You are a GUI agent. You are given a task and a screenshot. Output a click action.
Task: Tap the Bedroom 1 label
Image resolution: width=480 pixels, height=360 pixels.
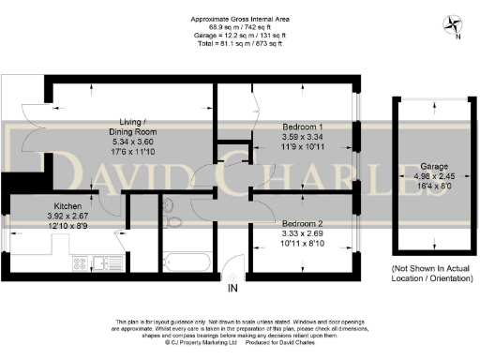[302, 127]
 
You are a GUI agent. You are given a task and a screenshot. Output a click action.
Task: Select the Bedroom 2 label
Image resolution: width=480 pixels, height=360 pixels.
[302, 224]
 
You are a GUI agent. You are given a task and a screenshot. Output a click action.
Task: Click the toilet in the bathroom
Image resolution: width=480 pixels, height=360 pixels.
[168, 207]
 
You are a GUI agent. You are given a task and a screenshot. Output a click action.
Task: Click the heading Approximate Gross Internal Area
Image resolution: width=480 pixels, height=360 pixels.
[239, 19]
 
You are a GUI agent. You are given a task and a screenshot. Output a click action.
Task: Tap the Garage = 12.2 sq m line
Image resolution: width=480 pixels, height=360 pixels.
[239, 36]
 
